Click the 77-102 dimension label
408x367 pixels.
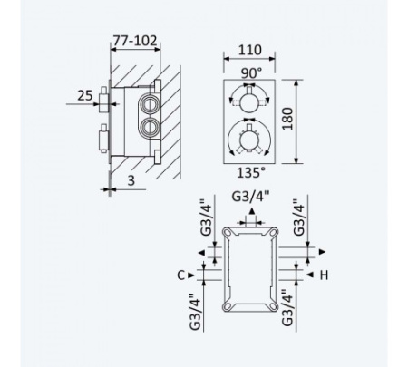point(135,41)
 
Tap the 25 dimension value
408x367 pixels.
point(85,95)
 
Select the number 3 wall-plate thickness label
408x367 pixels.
point(131,180)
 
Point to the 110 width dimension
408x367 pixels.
point(249,50)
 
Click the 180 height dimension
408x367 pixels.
point(287,119)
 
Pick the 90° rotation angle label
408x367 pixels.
point(251,73)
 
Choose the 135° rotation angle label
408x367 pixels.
point(251,173)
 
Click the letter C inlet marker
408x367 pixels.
point(180,275)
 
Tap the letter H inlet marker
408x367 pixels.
point(324,275)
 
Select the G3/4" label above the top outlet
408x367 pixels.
point(250,197)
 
